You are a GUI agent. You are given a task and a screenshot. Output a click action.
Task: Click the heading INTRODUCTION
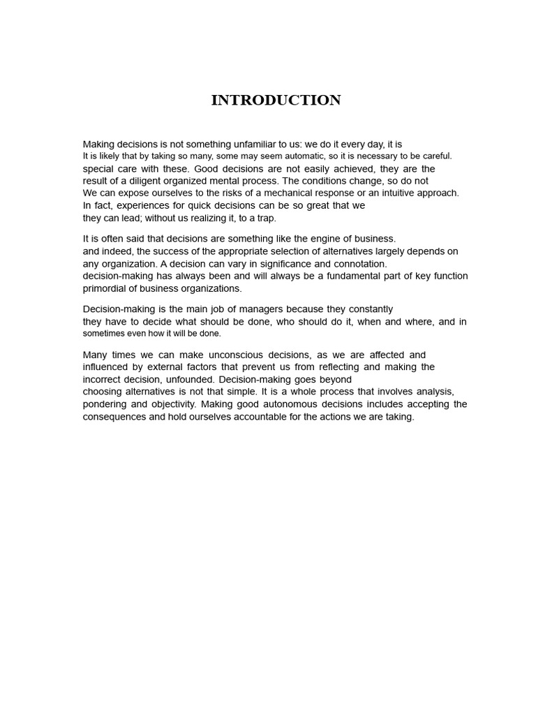[x=276, y=100]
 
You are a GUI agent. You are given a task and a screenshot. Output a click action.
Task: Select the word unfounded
[x=193, y=379]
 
